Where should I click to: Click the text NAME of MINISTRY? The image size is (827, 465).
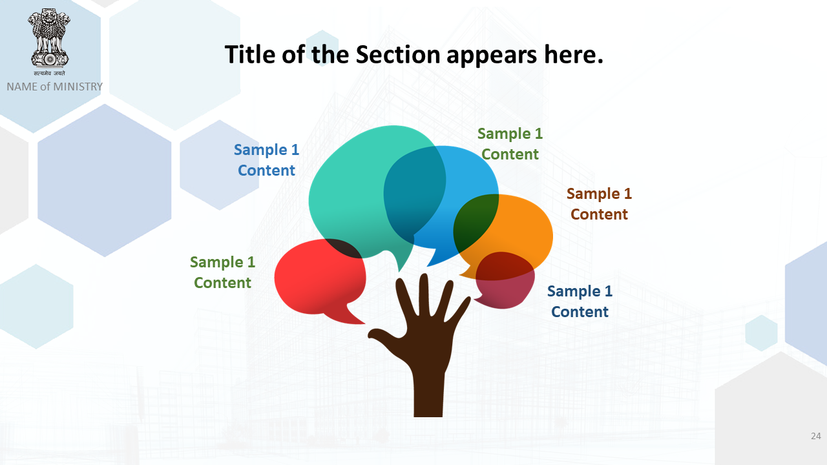pos(55,87)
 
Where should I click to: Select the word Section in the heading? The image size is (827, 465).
pos(398,55)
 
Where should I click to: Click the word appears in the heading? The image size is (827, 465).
pos(492,56)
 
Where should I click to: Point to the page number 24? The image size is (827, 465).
pos(816,436)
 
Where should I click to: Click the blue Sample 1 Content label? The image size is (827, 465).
pos(266,160)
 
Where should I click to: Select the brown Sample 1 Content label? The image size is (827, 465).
pos(599,203)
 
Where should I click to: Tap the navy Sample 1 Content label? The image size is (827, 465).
pos(580,301)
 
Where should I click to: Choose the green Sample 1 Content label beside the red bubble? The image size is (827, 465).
pos(223,273)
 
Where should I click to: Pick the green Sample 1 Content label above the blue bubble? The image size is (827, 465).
pos(510,143)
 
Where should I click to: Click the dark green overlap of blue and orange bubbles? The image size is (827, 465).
pos(474,222)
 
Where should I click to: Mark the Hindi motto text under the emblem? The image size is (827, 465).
pos(49,73)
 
